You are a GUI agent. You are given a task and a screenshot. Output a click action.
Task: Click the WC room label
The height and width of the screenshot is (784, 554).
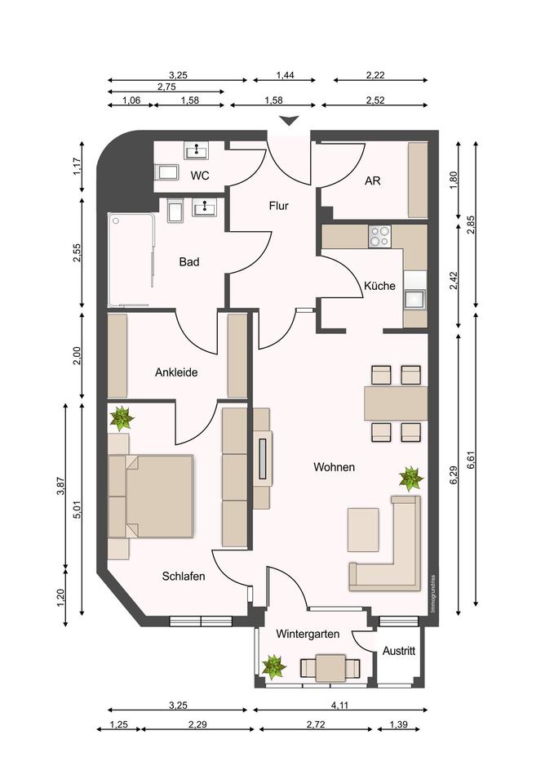(200, 176)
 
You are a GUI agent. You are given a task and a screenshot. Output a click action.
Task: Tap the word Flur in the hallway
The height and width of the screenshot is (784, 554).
(279, 206)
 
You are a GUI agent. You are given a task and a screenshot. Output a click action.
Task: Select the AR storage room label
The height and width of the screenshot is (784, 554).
(373, 180)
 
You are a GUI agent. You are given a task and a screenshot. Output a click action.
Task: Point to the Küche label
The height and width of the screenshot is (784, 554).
(379, 286)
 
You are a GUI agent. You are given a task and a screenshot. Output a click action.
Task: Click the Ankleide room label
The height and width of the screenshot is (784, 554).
(176, 372)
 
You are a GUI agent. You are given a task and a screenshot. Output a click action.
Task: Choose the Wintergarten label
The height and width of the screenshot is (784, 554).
(308, 634)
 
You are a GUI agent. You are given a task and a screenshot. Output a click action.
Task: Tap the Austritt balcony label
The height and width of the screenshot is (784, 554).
(399, 651)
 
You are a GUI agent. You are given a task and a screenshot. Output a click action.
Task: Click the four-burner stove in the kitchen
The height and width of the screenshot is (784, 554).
(379, 236)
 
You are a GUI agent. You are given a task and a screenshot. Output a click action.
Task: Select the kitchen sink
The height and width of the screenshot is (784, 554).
(415, 300)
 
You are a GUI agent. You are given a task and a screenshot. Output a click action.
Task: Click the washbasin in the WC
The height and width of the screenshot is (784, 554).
(198, 149)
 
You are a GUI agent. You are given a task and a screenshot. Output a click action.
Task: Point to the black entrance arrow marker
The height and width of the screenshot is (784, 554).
(290, 121)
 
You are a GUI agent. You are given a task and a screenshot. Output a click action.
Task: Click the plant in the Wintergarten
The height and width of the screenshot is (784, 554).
(274, 667)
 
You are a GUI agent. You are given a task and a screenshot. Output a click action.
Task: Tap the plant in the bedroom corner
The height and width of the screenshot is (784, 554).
(122, 418)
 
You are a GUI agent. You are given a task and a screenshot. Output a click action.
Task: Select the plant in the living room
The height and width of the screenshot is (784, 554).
(411, 479)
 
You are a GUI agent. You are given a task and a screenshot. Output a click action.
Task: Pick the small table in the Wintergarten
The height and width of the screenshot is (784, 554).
(330, 667)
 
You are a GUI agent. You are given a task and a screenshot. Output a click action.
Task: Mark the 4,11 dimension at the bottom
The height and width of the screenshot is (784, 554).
(339, 706)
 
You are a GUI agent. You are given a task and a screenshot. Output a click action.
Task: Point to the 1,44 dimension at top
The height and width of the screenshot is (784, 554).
(286, 75)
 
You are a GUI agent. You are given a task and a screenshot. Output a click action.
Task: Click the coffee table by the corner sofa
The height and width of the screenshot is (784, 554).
(363, 529)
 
